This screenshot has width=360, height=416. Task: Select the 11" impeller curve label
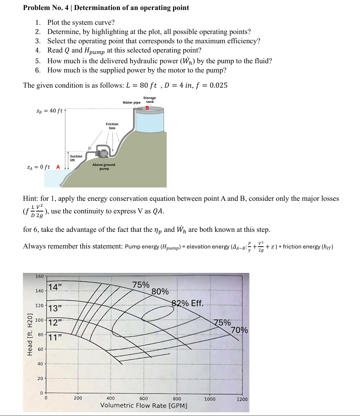click(x=55, y=337)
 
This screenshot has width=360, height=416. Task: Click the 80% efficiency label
click(x=160, y=292)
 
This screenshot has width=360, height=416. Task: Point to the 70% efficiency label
click(x=239, y=330)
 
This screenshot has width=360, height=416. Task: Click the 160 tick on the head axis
click(x=39, y=276)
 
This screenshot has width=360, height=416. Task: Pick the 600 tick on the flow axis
click(x=143, y=399)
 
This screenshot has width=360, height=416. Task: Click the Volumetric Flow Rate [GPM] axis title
click(x=144, y=406)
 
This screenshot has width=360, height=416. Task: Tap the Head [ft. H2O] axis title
click(x=30, y=334)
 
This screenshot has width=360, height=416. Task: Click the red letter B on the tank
click(x=147, y=108)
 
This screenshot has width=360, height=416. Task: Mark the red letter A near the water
click(x=58, y=167)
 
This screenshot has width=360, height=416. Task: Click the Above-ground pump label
click(x=104, y=166)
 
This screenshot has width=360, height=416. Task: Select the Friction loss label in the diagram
click(x=112, y=126)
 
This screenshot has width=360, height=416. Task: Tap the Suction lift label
click(x=76, y=158)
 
